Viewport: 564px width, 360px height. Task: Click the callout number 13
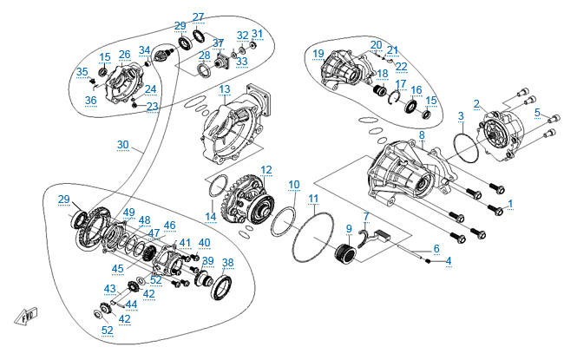pyautogui.click(x=224, y=89)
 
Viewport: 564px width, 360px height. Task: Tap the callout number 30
pyautogui.click(x=122, y=145)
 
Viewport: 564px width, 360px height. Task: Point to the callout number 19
pyautogui.click(x=318, y=55)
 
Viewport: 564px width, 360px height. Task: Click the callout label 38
pyautogui.click(x=227, y=262)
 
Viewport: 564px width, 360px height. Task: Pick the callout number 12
pyautogui.click(x=266, y=169)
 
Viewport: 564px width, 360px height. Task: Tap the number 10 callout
pyautogui.click(x=294, y=184)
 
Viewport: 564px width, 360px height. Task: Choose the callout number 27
pyautogui.click(x=199, y=17)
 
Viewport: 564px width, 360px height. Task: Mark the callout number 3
pyautogui.click(x=461, y=115)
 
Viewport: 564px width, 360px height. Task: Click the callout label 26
pyautogui.click(x=124, y=55)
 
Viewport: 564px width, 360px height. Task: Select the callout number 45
pyautogui.click(x=117, y=268)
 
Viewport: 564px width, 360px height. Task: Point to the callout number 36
pyautogui.click(x=90, y=100)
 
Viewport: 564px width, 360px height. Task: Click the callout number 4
pyautogui.click(x=449, y=260)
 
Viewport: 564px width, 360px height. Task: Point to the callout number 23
pyautogui.click(x=152, y=107)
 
